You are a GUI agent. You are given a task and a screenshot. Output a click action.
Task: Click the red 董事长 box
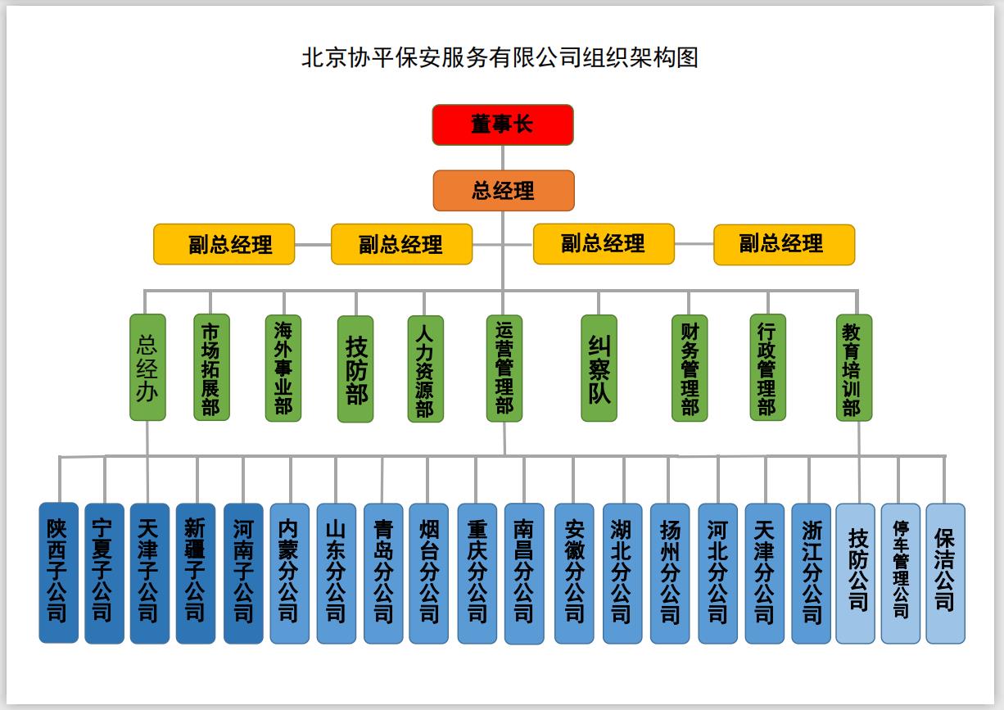503,124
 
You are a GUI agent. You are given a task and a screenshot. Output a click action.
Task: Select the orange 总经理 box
504,191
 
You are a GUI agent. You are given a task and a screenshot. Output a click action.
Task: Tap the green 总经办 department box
147,368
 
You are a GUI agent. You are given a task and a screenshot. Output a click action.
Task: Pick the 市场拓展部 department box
211,368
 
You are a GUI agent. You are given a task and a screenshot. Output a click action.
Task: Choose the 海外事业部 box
283,368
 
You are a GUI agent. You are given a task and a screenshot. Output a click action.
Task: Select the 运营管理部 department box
504,368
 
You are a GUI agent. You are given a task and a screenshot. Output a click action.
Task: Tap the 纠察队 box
599,369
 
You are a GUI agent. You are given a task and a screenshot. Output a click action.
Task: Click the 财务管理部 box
690,369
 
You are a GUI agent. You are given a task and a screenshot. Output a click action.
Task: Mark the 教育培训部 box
852,368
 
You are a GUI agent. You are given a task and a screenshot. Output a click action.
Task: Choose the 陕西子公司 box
59,572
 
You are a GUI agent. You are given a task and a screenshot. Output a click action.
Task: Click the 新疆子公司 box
196,573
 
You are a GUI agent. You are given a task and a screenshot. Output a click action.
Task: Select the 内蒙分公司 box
290,573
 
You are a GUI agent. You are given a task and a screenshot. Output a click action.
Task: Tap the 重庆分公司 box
477,573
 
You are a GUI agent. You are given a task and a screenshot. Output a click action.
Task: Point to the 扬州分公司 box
670,573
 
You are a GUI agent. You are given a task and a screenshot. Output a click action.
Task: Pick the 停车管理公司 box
901,573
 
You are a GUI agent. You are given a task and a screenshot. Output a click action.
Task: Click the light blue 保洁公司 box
945,573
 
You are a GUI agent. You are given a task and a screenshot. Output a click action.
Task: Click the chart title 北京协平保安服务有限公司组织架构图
500,58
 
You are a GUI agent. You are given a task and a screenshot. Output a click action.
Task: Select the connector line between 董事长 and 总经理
504,157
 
